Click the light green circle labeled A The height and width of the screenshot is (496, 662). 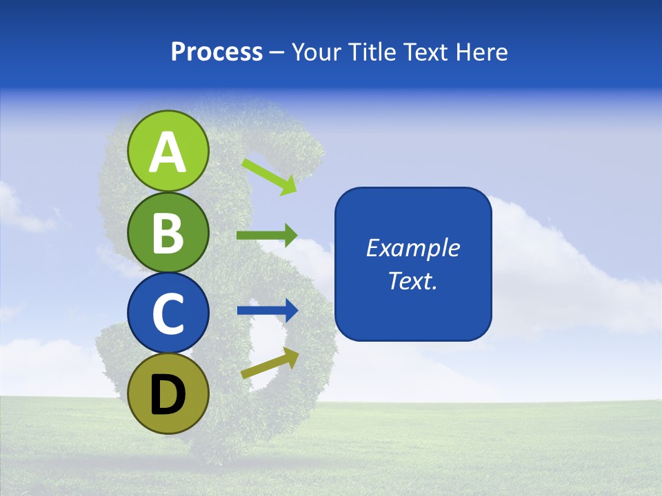pos(168,151)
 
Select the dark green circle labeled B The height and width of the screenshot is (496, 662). pos(168,232)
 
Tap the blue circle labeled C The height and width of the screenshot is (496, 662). pos(168,313)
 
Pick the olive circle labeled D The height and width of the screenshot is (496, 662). pos(168,393)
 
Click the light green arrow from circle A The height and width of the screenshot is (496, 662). pos(269,176)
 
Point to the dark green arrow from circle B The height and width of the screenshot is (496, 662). pos(266,236)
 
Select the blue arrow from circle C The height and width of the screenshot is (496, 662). pos(268,311)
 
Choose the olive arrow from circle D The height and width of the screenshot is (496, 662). pos(270,363)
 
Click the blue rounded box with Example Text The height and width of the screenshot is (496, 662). pos(413,264)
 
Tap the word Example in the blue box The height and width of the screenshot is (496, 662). pos(413,248)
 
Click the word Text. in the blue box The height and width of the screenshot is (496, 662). pos(413,280)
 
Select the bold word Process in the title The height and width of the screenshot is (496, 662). pos(217,52)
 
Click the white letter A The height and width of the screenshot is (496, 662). pos(168,152)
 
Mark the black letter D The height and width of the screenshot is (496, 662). pos(168,395)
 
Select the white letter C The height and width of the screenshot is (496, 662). pos(168,314)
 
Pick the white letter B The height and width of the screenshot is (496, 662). pos(168,233)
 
